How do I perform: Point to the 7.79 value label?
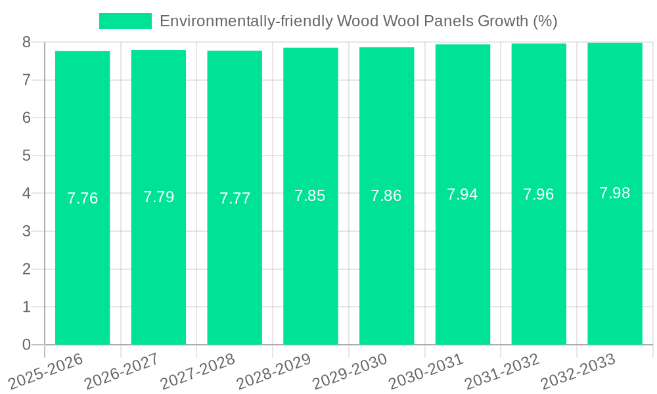[158, 197]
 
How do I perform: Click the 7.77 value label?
[235, 198]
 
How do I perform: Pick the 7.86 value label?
[386, 196]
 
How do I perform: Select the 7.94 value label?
[463, 194]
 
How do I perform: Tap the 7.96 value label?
[539, 194]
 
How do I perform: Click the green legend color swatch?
[125, 21]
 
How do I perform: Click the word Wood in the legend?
[355, 21]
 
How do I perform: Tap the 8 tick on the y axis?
[26, 42]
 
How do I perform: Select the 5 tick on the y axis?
[26, 156]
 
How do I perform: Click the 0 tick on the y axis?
[26, 345]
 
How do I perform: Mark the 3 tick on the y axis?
[26, 231]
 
